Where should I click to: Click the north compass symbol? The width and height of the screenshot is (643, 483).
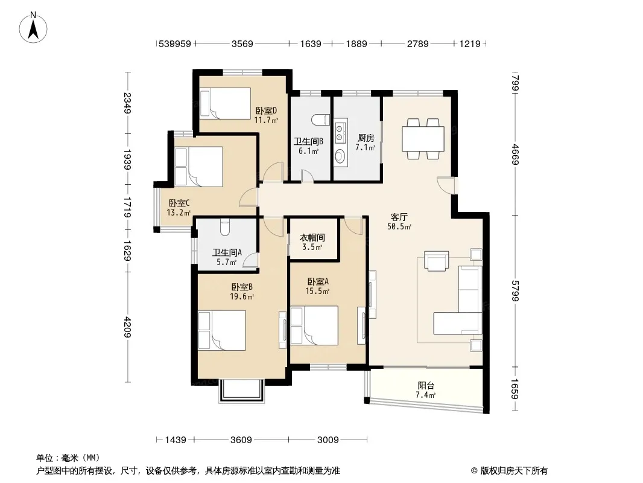[33, 27]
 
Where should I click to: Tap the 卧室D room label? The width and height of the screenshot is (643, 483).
[266, 110]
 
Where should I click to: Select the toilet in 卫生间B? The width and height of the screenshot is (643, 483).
[321, 120]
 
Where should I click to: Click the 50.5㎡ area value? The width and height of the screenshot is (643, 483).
[399, 226]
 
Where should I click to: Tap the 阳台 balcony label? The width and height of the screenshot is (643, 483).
[426, 385]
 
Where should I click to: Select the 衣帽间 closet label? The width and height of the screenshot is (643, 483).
[312, 238]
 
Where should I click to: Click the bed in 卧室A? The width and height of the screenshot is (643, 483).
[314, 325]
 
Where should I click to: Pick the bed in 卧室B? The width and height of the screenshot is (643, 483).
[222, 330]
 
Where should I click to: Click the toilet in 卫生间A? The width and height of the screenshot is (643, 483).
[224, 228]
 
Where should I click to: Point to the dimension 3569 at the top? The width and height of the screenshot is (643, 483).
[242, 44]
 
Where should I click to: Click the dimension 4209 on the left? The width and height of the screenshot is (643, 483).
[127, 327]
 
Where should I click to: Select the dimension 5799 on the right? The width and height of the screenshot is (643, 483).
[516, 290]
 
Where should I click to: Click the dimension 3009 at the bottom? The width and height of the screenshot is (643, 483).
[328, 440]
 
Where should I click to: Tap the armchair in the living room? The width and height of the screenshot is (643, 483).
[436, 261]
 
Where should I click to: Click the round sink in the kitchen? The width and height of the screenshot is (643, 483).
[340, 156]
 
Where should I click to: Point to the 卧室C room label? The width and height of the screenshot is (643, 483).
[179, 203]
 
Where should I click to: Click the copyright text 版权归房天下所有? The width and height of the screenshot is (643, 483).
[514, 471]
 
